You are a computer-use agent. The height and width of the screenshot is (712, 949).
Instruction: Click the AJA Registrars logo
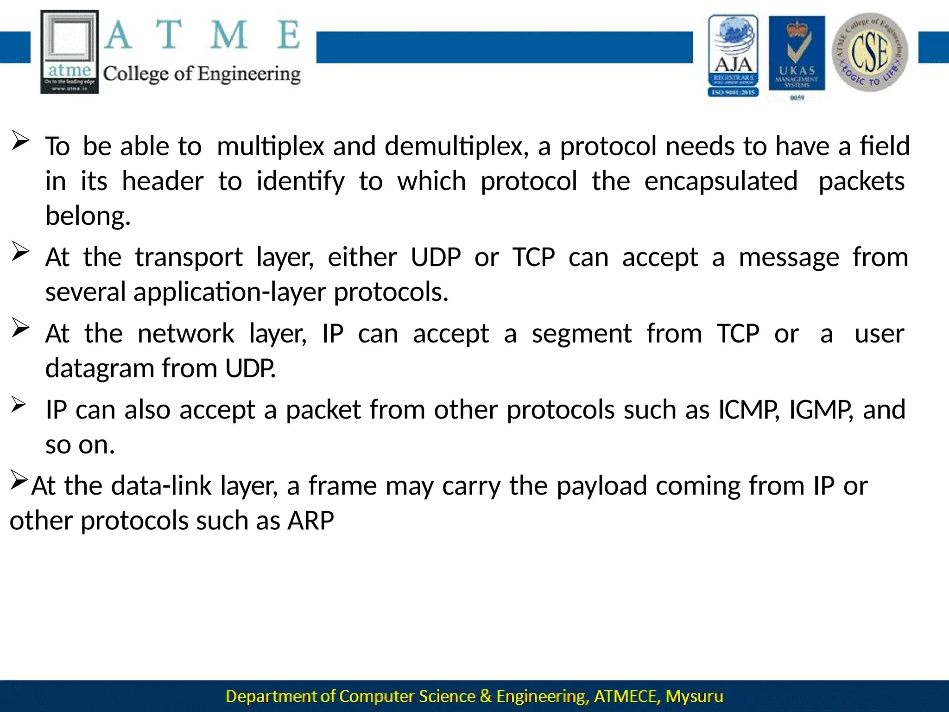click(733, 56)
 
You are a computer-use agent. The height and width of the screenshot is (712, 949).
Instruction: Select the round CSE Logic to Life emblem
click(870, 52)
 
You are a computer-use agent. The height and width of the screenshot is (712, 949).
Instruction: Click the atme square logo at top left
click(70, 51)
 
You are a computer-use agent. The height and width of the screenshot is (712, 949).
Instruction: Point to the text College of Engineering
click(202, 74)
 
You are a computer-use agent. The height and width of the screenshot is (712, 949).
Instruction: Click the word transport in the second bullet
click(189, 257)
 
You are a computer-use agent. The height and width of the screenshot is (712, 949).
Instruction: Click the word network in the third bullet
click(186, 334)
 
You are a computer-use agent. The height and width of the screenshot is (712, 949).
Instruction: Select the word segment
click(581, 334)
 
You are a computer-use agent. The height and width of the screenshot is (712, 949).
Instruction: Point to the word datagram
click(99, 369)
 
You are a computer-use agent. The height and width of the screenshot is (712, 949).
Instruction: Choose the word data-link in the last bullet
click(161, 486)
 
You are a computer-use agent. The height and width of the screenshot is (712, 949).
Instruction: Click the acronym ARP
click(310, 521)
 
